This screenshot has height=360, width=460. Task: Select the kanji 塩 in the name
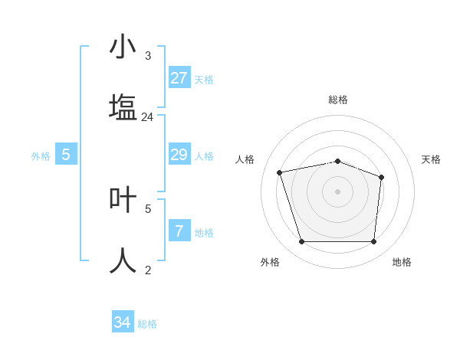[x=123, y=108]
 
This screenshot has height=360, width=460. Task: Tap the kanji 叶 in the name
[x=123, y=198]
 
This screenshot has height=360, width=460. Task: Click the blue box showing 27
[x=179, y=78]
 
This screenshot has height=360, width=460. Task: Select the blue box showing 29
[x=179, y=155]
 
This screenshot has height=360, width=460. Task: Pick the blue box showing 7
[x=179, y=231]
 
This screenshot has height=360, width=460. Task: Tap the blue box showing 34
[x=122, y=322]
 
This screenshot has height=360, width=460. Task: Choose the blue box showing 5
[x=66, y=155]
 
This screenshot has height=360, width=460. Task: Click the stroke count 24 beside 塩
[x=147, y=117]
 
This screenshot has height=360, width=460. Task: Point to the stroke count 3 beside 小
[x=147, y=56]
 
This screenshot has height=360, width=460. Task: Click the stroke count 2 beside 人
[x=147, y=270]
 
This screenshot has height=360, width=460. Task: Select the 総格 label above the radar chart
[x=337, y=100]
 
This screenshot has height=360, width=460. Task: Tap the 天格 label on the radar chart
[x=431, y=159]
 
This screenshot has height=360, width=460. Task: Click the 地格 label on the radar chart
[x=401, y=262]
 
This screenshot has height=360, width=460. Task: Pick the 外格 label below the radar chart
[x=270, y=262]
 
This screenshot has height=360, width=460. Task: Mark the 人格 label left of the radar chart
[x=245, y=159]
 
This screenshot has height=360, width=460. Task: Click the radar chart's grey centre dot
[x=337, y=191]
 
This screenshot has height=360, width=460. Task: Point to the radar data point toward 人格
[x=280, y=172]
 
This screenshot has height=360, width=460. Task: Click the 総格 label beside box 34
[x=147, y=324]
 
